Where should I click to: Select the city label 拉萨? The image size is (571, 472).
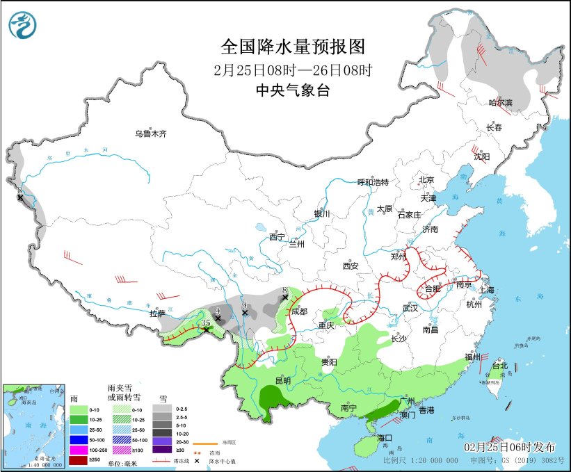156,314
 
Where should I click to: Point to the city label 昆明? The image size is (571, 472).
282,382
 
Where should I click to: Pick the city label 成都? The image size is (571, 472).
300,312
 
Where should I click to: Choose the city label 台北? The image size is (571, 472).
500,366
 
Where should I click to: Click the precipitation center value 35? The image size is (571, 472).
205,323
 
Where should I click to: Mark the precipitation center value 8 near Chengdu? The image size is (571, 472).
285,291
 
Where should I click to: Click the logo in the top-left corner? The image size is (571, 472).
24,24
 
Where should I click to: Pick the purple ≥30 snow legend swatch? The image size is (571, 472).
165,450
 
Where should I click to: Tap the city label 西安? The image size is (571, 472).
350,266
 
